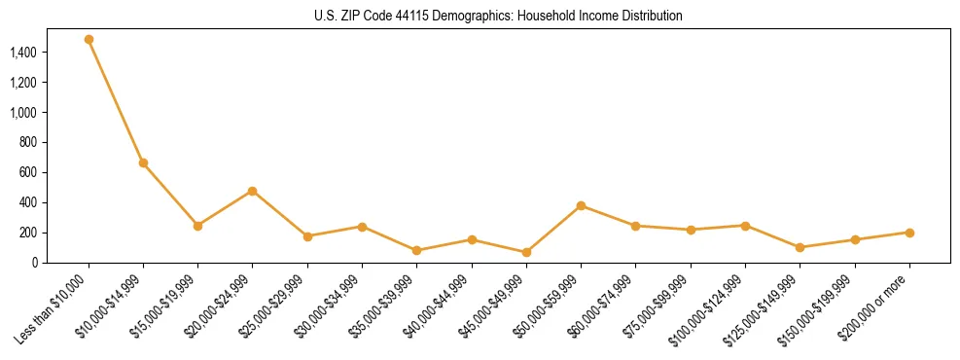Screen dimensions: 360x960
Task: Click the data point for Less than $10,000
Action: (89, 40)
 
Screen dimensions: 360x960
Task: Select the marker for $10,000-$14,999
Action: (143, 162)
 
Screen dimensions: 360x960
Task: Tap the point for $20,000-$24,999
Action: (253, 191)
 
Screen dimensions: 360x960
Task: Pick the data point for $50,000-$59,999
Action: (581, 205)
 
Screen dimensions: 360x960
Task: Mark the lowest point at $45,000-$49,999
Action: (526, 252)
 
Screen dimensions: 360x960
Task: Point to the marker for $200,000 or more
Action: (909, 233)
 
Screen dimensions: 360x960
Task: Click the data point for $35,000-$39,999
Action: (417, 250)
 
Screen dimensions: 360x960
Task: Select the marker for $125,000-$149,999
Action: (800, 247)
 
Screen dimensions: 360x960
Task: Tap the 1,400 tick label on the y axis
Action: (23, 53)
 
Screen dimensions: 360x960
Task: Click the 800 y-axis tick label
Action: (29, 142)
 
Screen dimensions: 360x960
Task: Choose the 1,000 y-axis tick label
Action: (23, 113)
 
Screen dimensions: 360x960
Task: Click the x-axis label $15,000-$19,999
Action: (166, 306)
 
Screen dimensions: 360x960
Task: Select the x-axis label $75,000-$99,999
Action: (658, 306)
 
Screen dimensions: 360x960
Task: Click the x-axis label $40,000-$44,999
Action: (440, 306)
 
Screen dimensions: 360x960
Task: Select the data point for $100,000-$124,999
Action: (745, 226)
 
